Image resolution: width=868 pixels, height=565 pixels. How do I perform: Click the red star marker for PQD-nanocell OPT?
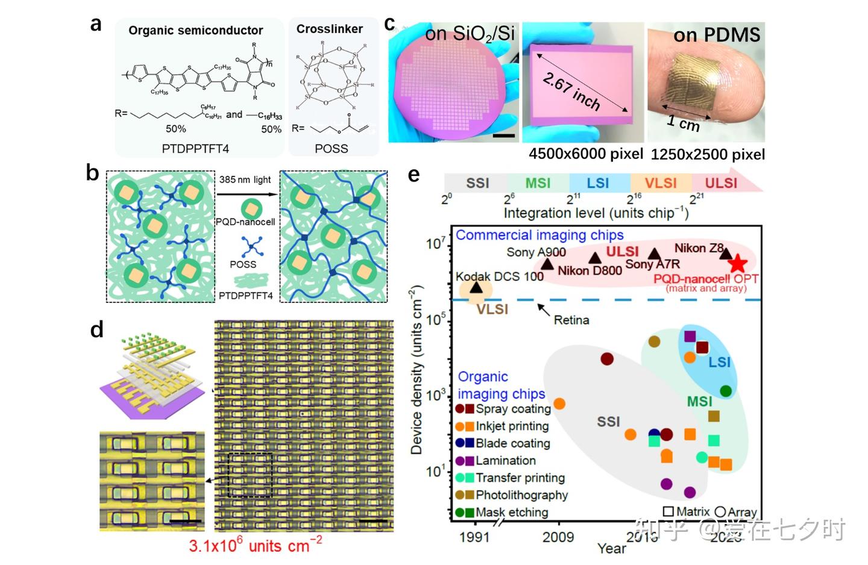tap(738, 263)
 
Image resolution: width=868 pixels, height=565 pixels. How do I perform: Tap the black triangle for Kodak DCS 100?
tap(476, 288)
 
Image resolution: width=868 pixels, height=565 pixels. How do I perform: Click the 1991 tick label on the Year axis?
tap(474, 537)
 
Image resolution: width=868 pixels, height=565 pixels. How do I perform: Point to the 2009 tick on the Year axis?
tap(558, 537)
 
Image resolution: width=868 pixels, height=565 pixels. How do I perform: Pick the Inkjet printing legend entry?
tap(512, 426)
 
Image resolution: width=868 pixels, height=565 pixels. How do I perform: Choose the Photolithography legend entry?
tap(521, 495)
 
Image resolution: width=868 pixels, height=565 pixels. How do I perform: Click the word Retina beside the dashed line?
tap(571, 320)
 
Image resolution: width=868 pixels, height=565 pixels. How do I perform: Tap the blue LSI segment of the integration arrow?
tap(598, 183)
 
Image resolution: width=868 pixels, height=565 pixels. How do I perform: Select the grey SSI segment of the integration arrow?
tap(477, 183)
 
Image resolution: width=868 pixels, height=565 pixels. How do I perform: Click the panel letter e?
tap(414, 175)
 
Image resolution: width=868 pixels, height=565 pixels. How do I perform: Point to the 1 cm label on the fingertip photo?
tap(683, 123)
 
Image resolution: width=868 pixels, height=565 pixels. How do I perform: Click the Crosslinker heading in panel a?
tap(329, 29)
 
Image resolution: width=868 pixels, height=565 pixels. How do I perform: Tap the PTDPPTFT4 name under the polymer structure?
tap(195, 148)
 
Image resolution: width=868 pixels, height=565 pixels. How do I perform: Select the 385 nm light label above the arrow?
tap(245, 179)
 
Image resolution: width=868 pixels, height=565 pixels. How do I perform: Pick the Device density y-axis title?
tap(416, 371)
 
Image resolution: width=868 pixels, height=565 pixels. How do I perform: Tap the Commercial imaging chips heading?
tap(539, 235)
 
